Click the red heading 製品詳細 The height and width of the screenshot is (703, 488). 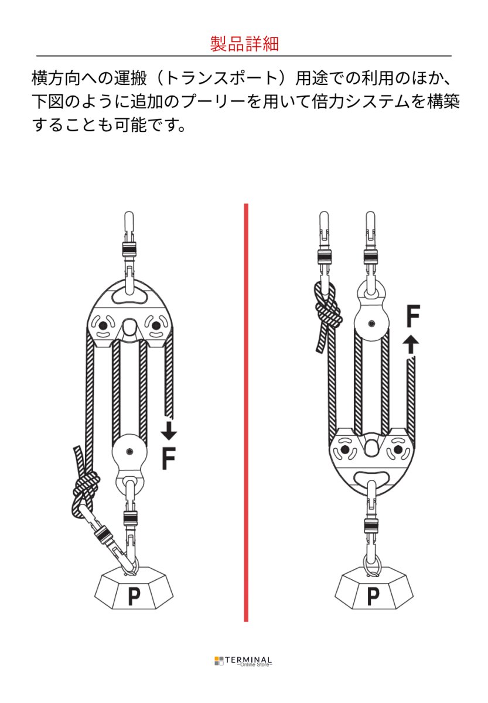point(244,43)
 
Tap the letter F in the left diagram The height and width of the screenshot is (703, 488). point(169,459)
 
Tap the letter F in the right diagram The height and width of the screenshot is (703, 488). point(412,316)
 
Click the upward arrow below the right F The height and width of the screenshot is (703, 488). point(411,344)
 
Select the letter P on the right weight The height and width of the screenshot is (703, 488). point(373,595)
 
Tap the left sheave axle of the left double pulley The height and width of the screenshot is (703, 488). point(103,326)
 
